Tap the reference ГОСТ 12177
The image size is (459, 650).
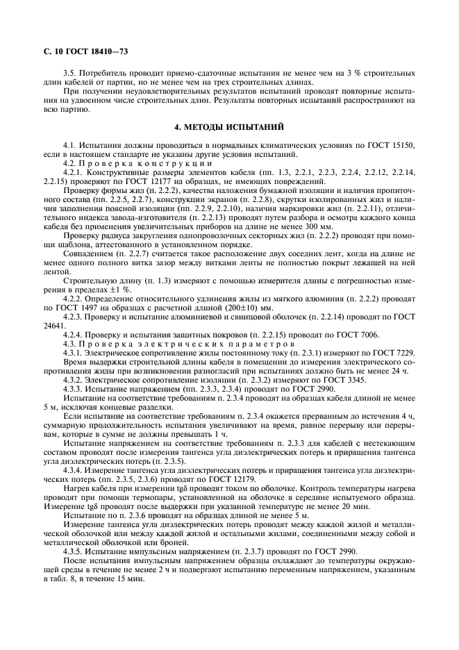point(143,181)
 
